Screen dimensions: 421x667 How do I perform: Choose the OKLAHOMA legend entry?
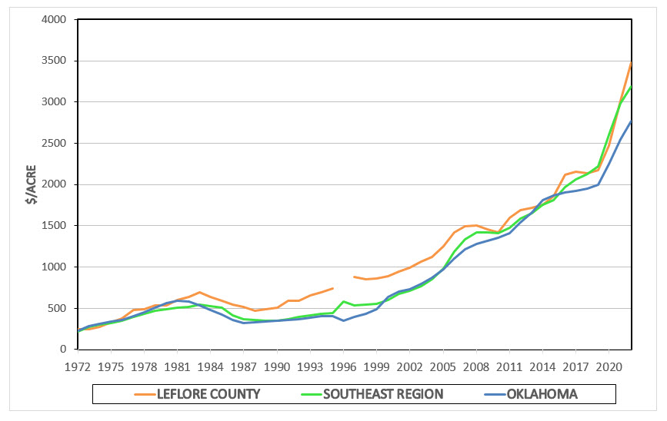542,394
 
